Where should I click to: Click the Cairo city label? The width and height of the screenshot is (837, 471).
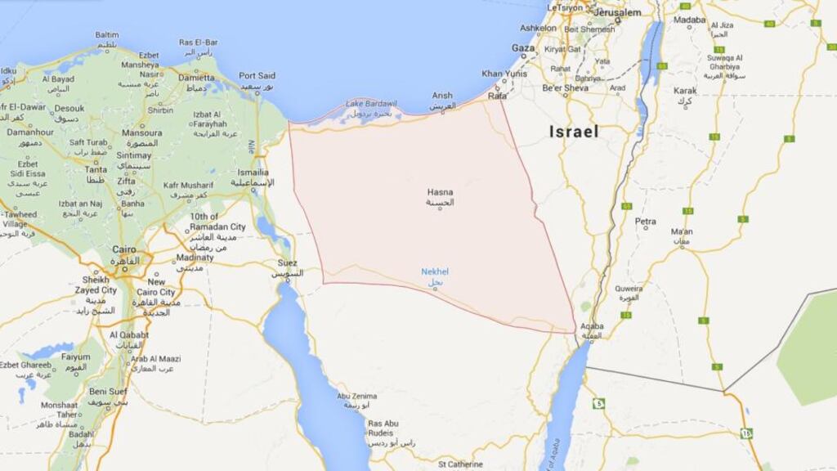pos(124,249)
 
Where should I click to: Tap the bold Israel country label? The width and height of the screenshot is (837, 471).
pos(574,132)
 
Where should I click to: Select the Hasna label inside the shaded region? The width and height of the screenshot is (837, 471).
pos(439,192)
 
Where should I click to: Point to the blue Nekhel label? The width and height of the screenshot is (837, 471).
pos(435,271)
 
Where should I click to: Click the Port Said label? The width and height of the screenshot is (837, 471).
pos(257,75)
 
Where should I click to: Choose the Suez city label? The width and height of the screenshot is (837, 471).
pos(287,262)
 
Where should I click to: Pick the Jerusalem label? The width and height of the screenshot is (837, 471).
pos(617,13)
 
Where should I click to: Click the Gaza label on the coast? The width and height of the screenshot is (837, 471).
pos(523,48)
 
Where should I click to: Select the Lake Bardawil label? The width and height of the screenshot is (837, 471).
pos(371,104)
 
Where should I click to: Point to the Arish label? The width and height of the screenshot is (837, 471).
pos(442,96)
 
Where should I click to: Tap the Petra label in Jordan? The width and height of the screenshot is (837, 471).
pos(646,221)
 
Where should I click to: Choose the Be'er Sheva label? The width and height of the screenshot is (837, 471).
pos(565,87)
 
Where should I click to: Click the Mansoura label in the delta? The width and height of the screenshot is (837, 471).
pos(141,132)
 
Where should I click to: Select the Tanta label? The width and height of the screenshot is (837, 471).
pos(96,169)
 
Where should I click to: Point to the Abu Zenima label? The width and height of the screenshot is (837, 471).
pos(358,396)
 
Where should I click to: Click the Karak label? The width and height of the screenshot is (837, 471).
pos(685,91)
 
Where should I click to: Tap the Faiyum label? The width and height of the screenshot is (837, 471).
pos(76,357)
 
